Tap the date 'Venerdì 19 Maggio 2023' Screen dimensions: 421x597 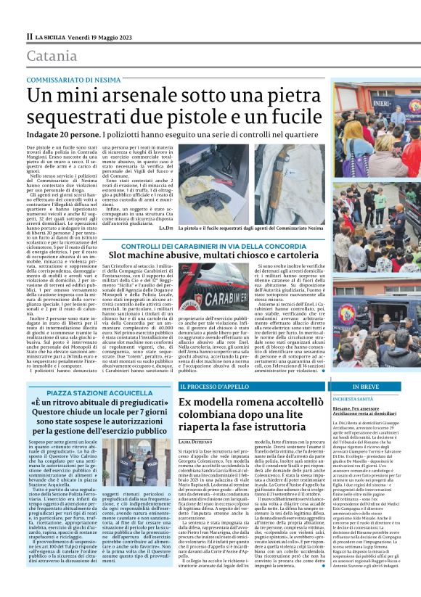coord(102,35)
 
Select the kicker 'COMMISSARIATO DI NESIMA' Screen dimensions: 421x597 coord(70,79)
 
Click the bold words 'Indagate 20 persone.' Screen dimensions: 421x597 coord(63,135)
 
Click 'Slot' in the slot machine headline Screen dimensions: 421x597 coord(121,257)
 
